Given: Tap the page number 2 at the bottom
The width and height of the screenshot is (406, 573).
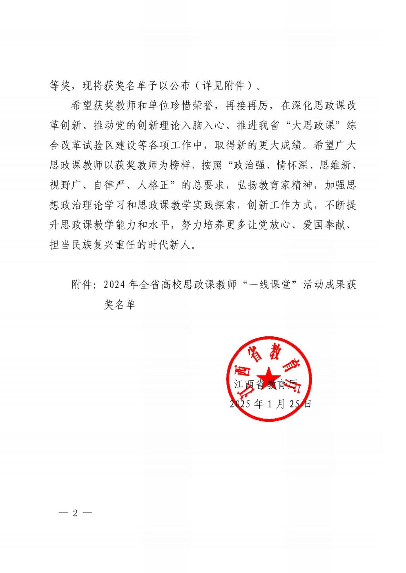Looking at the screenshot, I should click(75, 513).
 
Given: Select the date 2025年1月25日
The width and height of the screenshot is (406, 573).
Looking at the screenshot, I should click(270, 404).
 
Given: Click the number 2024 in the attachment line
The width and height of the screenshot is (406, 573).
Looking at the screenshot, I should click(115, 285).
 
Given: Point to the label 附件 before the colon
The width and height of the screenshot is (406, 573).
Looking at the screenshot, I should click(82, 285).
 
